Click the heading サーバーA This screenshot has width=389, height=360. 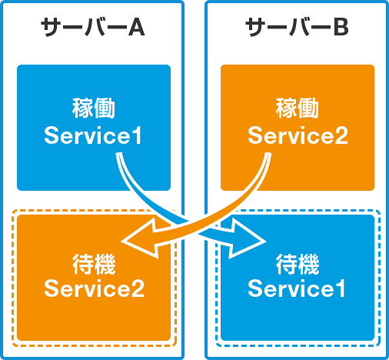(x=93, y=27)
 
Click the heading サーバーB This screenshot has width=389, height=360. (x=297, y=27)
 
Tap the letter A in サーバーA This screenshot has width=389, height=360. (x=136, y=27)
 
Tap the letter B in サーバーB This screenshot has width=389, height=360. (x=341, y=27)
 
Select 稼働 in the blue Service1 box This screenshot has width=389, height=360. (x=93, y=108)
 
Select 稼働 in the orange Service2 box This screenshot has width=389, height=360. (x=298, y=108)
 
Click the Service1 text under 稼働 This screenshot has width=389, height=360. (x=93, y=135)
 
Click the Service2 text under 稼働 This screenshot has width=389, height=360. (x=298, y=135)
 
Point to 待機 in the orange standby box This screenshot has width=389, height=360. (x=94, y=264)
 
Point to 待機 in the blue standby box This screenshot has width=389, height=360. (x=298, y=264)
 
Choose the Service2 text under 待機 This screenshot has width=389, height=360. (x=94, y=288)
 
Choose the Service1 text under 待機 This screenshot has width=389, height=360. (x=297, y=288)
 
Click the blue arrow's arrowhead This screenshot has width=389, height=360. (x=246, y=238)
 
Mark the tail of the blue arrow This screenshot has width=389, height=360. (x=119, y=155)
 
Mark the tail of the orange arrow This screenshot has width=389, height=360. (x=268, y=155)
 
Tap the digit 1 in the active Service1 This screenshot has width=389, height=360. (x=136, y=135)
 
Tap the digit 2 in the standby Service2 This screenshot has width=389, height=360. (x=138, y=288)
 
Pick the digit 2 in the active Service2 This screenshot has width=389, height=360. (x=341, y=135)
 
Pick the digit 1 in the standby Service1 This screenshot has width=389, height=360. (x=340, y=288)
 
